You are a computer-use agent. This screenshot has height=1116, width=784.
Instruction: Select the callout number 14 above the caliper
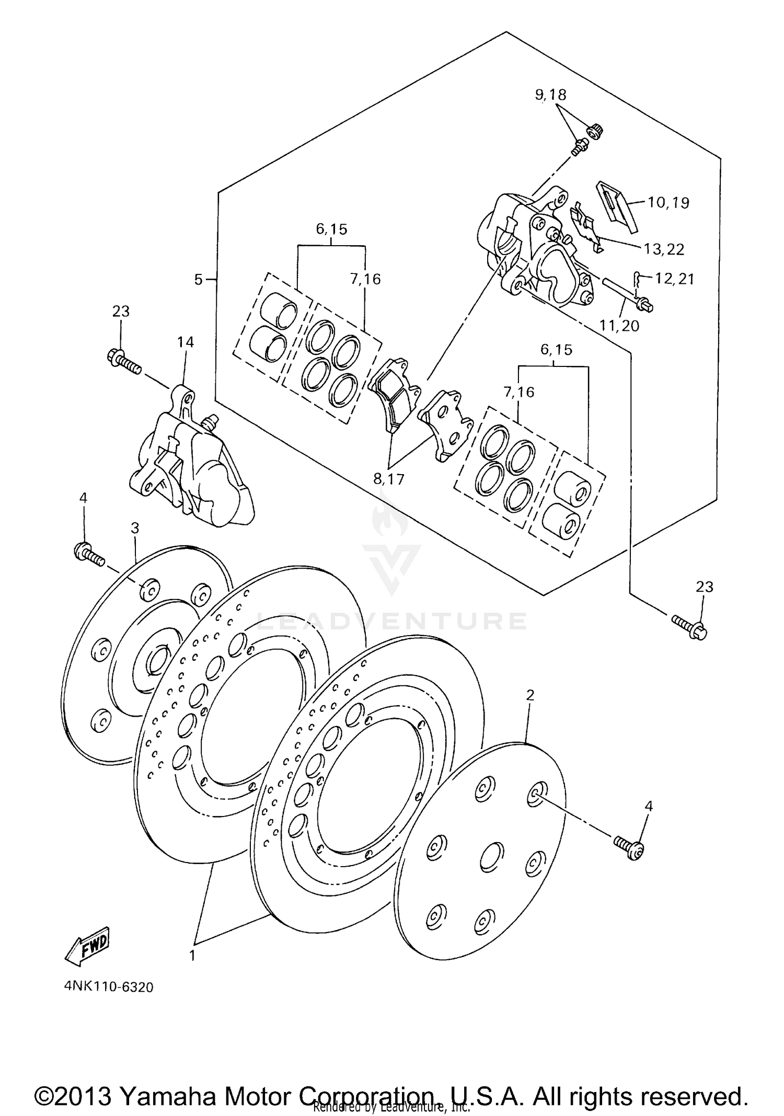click(185, 342)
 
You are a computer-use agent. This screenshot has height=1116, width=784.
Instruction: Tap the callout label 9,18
click(550, 95)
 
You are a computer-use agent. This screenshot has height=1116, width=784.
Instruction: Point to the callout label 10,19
click(668, 202)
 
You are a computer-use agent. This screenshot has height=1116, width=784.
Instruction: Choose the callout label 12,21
click(674, 279)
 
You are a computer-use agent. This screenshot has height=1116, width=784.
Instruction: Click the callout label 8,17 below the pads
click(389, 478)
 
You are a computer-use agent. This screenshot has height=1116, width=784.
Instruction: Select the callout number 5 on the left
click(199, 280)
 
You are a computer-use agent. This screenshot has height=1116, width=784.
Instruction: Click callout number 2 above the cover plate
click(530, 695)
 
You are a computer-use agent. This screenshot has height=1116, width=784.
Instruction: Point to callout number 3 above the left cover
click(135, 528)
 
